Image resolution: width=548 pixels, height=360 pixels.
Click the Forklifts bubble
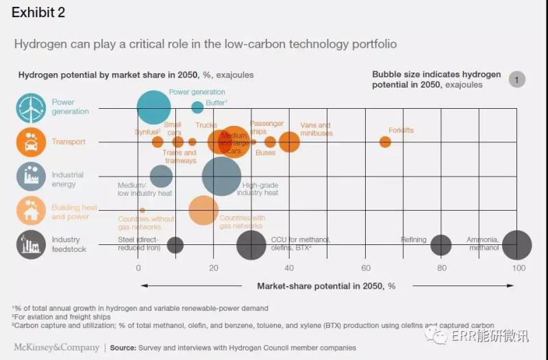[385, 142]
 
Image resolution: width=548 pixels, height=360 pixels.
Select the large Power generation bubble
[153, 107]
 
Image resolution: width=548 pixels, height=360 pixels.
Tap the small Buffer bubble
[197, 107]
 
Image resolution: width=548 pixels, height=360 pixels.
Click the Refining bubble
[440, 245]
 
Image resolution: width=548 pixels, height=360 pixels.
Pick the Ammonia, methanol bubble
[516, 245]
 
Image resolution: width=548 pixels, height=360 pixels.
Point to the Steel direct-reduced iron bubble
[175, 245]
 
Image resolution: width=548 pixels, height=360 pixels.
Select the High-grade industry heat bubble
[221, 177]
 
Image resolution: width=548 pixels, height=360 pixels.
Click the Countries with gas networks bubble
[203, 210]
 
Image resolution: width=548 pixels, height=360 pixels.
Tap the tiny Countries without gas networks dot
[142, 210]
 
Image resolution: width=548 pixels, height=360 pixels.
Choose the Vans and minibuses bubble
[289, 142]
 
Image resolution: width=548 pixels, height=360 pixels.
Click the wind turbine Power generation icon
[31, 107]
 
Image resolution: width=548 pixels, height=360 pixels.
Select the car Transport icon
[31, 142]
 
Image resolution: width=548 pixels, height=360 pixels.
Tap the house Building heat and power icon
[31, 211]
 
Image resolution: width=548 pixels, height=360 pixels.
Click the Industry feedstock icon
[31, 245]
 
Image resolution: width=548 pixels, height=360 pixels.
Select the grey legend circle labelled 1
[517, 80]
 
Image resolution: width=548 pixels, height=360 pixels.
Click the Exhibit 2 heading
[38, 13]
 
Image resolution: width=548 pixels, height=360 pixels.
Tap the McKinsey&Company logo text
[55, 348]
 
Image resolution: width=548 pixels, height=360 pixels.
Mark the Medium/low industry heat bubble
[161, 177]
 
